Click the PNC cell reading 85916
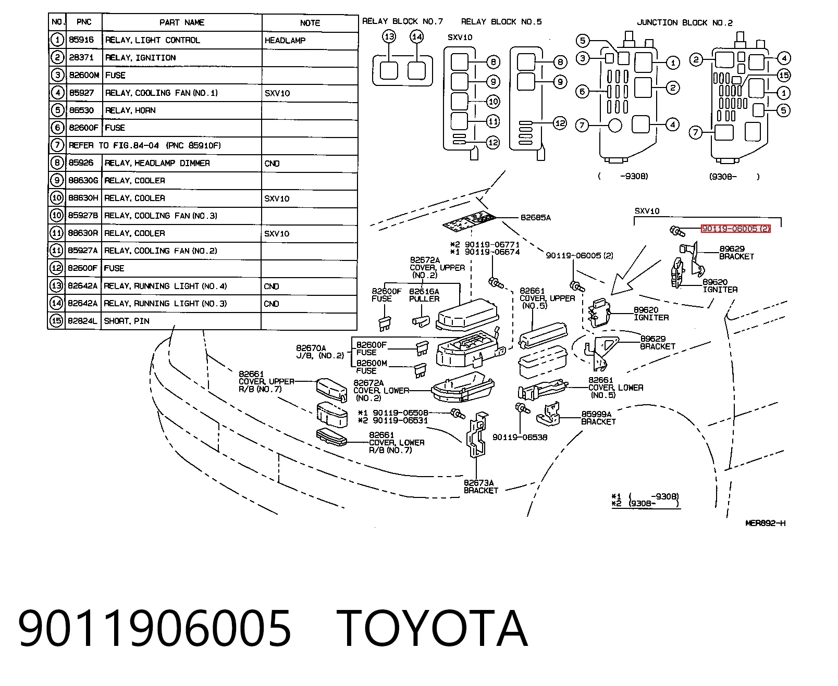pos(81,40)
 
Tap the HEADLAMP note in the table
pos(285,41)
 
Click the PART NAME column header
pos(182,22)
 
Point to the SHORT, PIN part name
pos(127,321)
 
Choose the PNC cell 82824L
pos(83,320)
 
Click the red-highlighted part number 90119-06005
pos(735,228)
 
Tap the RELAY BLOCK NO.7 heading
pos(402,21)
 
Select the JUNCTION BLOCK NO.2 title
pos(685,22)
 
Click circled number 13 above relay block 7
pos(389,37)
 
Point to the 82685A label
pos(536,218)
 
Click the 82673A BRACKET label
pos(481,487)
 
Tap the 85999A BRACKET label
pos(598,418)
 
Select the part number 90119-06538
pos(520,438)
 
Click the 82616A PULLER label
pos(424,295)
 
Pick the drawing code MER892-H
pos(765,523)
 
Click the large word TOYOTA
pos(432,628)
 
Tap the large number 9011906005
pos(155,628)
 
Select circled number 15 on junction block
pos(784,75)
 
